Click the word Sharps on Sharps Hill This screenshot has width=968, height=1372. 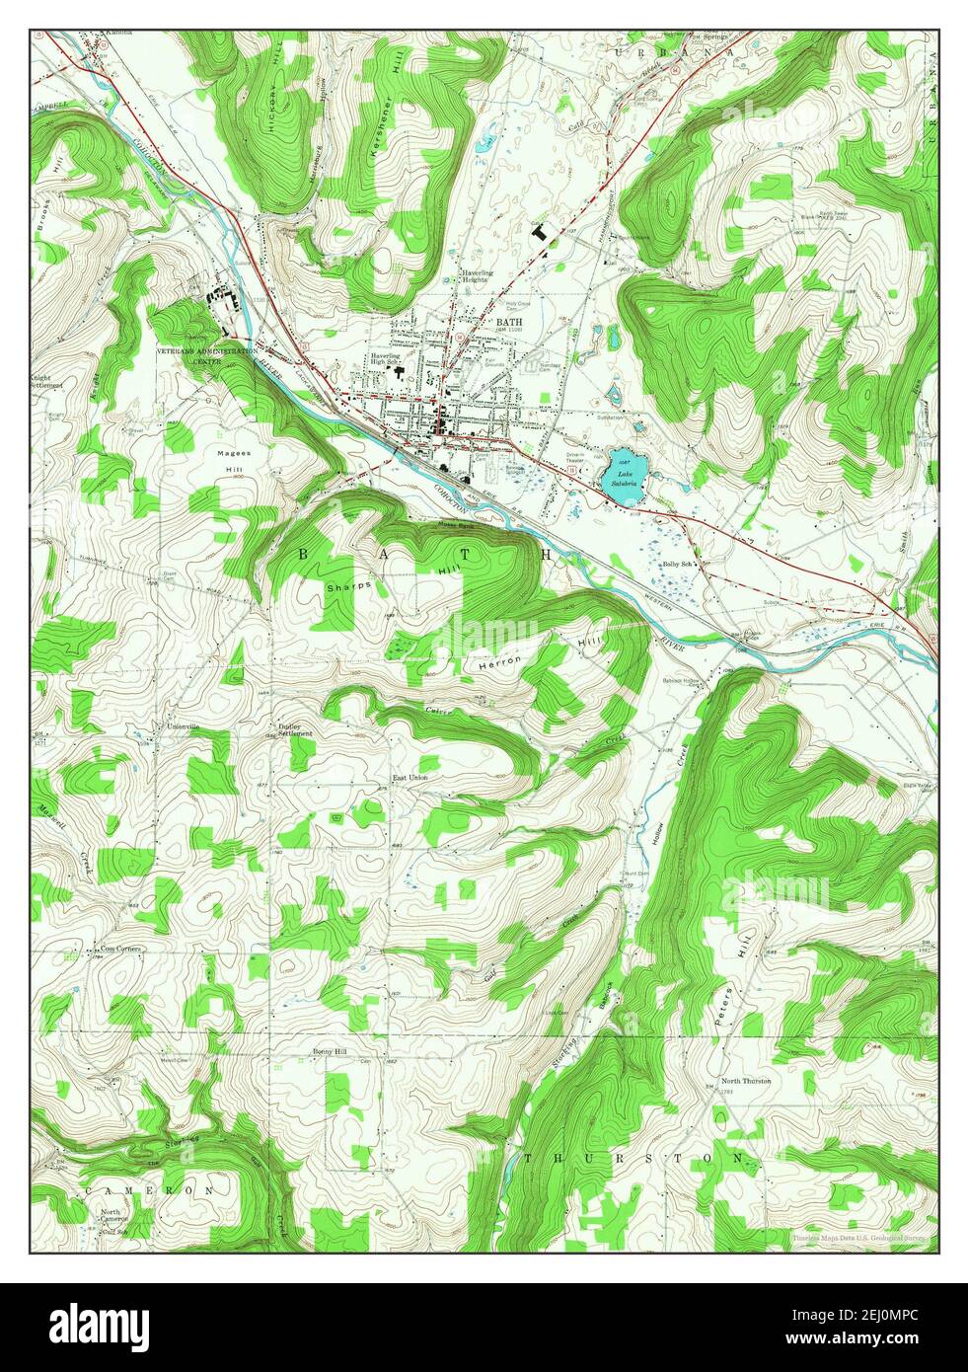[x=349, y=585]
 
